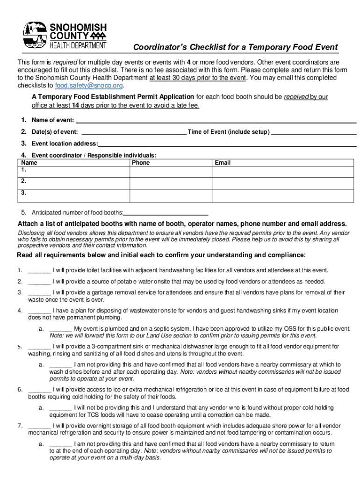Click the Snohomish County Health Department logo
[65, 36]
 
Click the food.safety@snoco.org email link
[89, 86]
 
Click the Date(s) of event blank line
[133, 132]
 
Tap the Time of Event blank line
[314, 132]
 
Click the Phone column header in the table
[141, 163]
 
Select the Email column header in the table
[223, 163]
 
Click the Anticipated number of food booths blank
[166, 213]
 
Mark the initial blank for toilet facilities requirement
[39, 270]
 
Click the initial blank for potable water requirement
[39, 282]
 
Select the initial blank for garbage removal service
[39, 293]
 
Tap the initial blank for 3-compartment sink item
[39, 347]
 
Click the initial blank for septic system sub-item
[60, 329]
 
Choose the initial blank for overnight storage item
[39, 426]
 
